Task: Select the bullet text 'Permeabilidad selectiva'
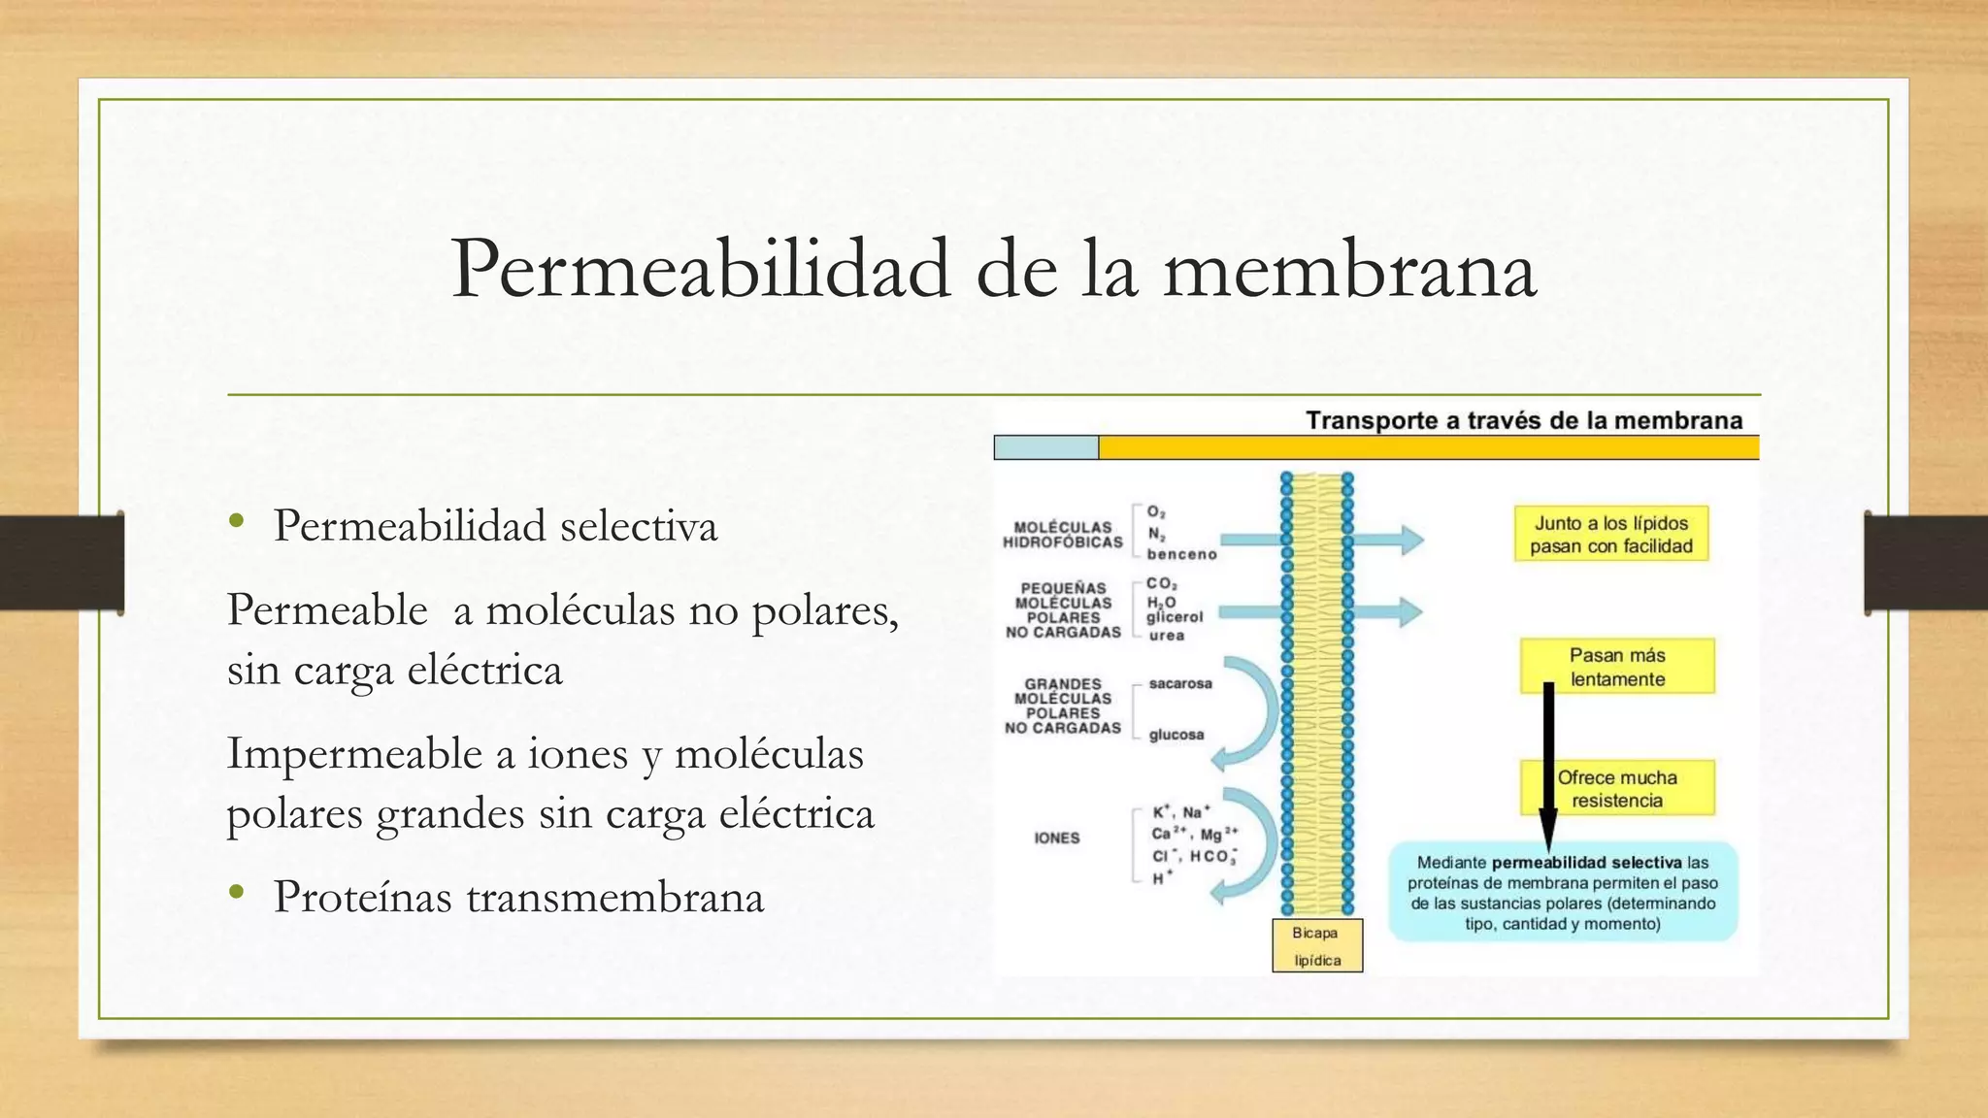coord(495,526)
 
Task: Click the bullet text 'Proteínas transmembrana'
coord(518,897)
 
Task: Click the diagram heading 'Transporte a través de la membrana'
coord(1523,421)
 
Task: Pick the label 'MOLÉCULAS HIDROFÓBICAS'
coord(1062,535)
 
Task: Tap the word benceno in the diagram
coord(1181,554)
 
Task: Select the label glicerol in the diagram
coord(1175,617)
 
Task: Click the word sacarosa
coord(1180,683)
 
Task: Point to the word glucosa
coord(1176,735)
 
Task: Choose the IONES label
coord(1057,838)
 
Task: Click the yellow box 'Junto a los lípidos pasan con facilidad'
coord(1610,535)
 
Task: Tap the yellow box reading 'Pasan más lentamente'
coord(1617,667)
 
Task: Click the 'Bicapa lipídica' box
coord(1316,946)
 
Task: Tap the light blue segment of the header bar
coord(1045,447)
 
